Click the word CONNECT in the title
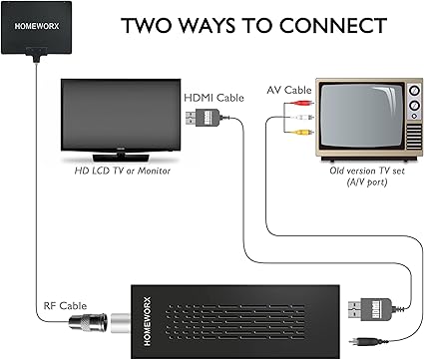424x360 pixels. pyautogui.click(x=333, y=26)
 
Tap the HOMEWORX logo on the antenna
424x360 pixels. pyautogui.click(x=37, y=26)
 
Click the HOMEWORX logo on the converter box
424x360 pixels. pyautogui.click(x=148, y=321)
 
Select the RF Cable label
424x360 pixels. pyautogui.click(x=65, y=306)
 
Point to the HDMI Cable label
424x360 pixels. pyautogui.click(x=213, y=98)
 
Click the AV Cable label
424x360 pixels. pyautogui.click(x=289, y=90)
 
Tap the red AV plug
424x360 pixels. pyautogui.click(x=302, y=103)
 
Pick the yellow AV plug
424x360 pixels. pyautogui.click(x=302, y=133)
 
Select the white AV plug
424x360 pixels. pyautogui.click(x=302, y=118)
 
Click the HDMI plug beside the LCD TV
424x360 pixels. pyautogui.click(x=203, y=118)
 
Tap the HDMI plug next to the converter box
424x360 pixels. pyautogui.click(x=370, y=309)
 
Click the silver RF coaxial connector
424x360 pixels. pyautogui.click(x=88, y=322)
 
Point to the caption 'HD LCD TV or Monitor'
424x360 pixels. pyautogui.click(x=122, y=171)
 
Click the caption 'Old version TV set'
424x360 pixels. pyautogui.click(x=367, y=171)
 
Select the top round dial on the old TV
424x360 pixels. pyautogui.click(x=414, y=91)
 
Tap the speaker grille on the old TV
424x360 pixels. pyautogui.click(x=414, y=137)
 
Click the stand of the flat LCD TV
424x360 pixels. pyautogui.click(x=121, y=158)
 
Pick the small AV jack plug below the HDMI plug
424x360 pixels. pyautogui.click(x=362, y=341)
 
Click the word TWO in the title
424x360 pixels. pyautogui.click(x=146, y=26)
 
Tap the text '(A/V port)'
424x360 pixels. pyautogui.click(x=367, y=182)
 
